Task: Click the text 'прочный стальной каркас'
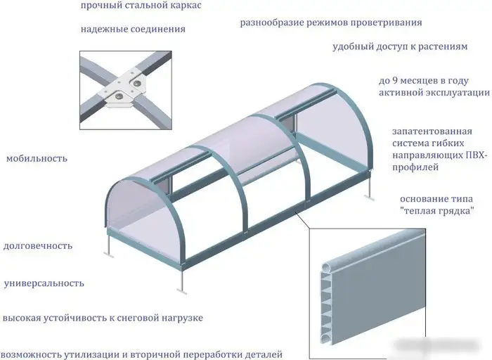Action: coord(141,6)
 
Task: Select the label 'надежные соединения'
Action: coord(133,30)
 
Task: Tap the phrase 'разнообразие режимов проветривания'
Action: coord(331,23)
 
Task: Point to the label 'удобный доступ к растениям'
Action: coord(400,47)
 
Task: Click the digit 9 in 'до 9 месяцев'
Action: coord(396,81)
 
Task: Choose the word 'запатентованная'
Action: coord(432,131)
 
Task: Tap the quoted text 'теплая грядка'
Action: coord(437,211)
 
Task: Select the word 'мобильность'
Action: coord(37,158)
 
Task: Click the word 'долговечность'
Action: coord(38,246)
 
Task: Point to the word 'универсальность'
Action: coord(44,283)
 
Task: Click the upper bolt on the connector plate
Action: coord(137,83)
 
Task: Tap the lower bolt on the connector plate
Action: coord(119,96)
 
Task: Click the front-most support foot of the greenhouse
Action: coord(181,290)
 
